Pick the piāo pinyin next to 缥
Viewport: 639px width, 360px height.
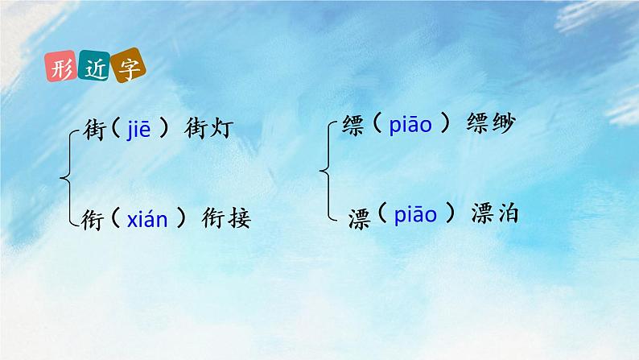click(410, 126)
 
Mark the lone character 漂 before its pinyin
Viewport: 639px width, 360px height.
click(360, 217)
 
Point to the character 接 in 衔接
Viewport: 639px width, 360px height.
click(239, 217)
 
